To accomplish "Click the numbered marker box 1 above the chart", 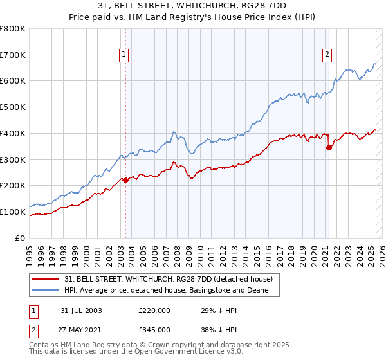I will pyautogui.click(x=123, y=55).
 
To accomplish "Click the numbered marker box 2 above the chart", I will pyautogui.click(x=327, y=55).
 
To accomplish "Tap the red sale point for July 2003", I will pyautogui.click(x=126, y=181).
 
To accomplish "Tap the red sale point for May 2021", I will pyautogui.click(x=329, y=147).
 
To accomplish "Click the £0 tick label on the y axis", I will pyautogui.click(x=20, y=238).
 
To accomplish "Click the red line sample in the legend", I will pyautogui.click(x=46, y=279).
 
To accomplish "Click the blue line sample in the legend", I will pyautogui.click(x=46, y=291).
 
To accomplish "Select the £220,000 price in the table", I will pyautogui.click(x=155, y=310).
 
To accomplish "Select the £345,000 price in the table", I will pyautogui.click(x=155, y=328).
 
